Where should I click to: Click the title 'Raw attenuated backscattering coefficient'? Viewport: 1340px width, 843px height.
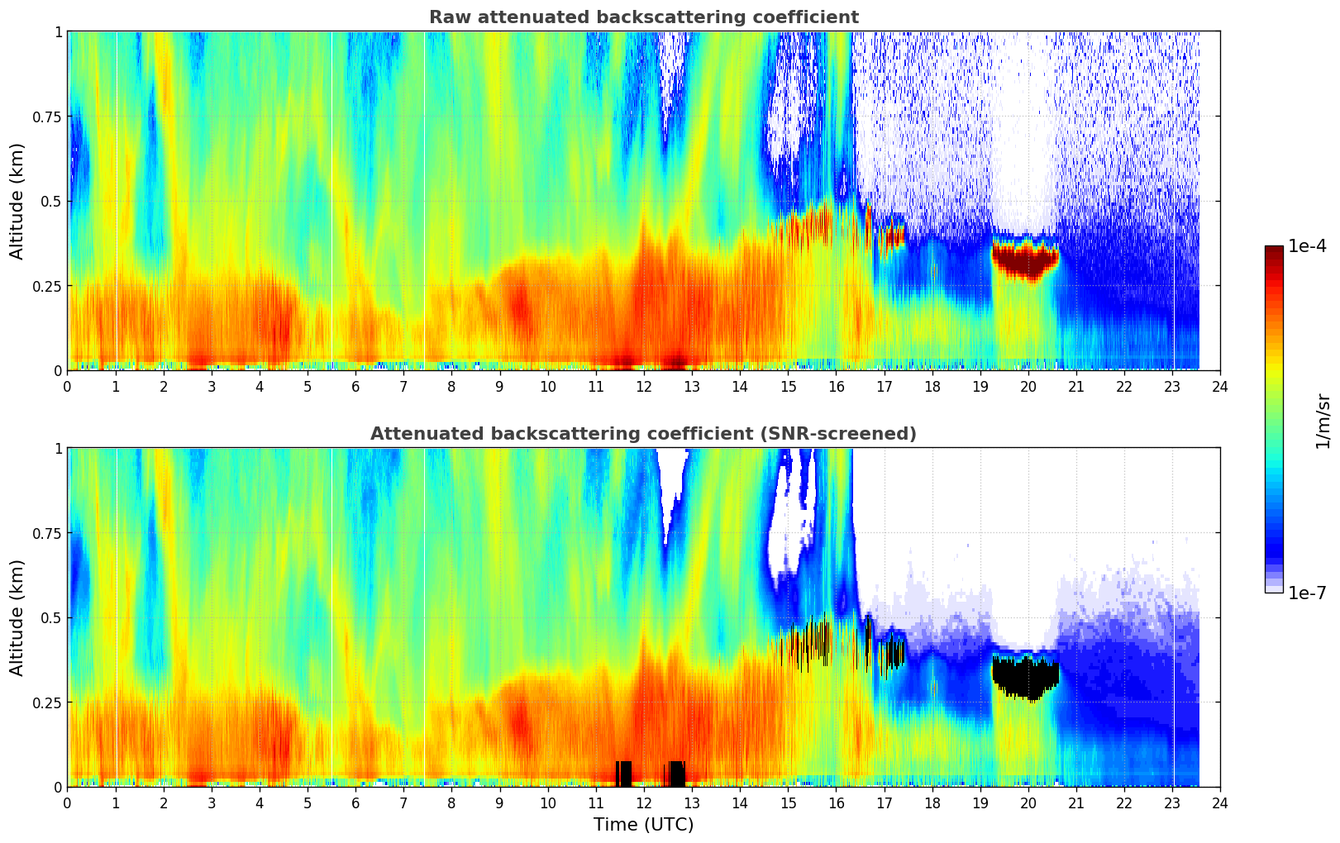tap(643, 17)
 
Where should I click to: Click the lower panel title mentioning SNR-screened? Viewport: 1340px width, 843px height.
tap(643, 434)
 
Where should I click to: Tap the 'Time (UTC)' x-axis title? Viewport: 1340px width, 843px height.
tap(643, 825)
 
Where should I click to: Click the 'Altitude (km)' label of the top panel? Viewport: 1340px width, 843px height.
tap(17, 201)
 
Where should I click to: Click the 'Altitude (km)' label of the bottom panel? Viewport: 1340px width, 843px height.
tap(17, 617)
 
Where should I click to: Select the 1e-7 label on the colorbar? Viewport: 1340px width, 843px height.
tap(1307, 593)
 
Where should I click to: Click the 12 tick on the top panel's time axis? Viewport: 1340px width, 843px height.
tap(644, 386)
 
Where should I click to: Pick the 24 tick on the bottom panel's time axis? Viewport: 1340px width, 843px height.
tap(1220, 803)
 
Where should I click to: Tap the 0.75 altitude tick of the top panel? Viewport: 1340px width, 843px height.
tap(46, 117)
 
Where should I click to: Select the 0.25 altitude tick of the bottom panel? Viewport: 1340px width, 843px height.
tap(46, 702)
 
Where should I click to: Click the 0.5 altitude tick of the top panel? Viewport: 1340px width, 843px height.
tap(51, 201)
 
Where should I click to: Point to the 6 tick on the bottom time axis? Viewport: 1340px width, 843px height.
tap(355, 803)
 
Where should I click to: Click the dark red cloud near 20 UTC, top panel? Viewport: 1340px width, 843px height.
tap(1026, 261)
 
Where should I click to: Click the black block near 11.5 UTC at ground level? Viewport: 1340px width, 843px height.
tap(624, 774)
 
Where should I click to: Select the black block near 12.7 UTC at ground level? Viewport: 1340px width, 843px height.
tap(677, 774)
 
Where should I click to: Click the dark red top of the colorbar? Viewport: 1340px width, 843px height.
tap(1273, 251)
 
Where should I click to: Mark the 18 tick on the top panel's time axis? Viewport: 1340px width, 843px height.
tap(932, 386)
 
